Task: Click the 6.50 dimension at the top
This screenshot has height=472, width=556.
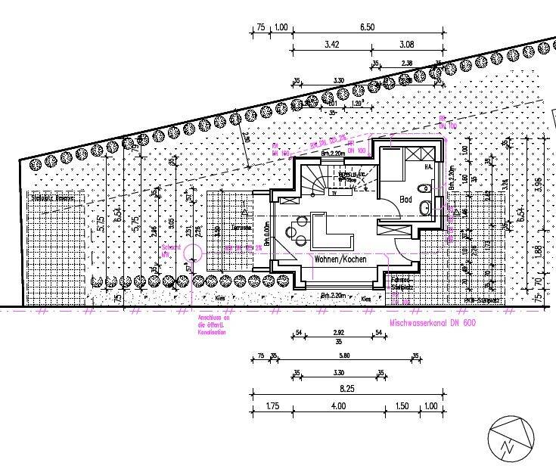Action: (368, 27)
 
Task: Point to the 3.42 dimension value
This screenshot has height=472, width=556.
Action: (331, 45)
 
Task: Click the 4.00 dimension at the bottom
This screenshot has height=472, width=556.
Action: (337, 406)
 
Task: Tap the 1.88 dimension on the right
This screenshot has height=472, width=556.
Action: (538, 253)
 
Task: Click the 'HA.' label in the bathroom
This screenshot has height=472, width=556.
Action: (427, 167)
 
